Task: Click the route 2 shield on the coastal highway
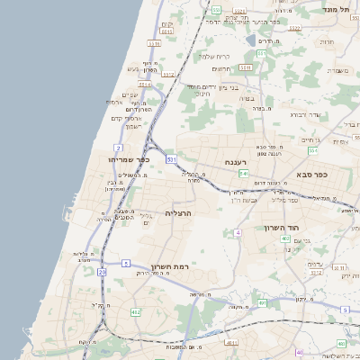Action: pos(119,147)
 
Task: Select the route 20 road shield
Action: pos(102,271)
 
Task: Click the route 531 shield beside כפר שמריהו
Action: pos(171,159)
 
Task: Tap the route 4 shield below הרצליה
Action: pos(238,232)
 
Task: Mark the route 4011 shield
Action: pos(232,343)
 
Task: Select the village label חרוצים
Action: pos(222,68)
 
